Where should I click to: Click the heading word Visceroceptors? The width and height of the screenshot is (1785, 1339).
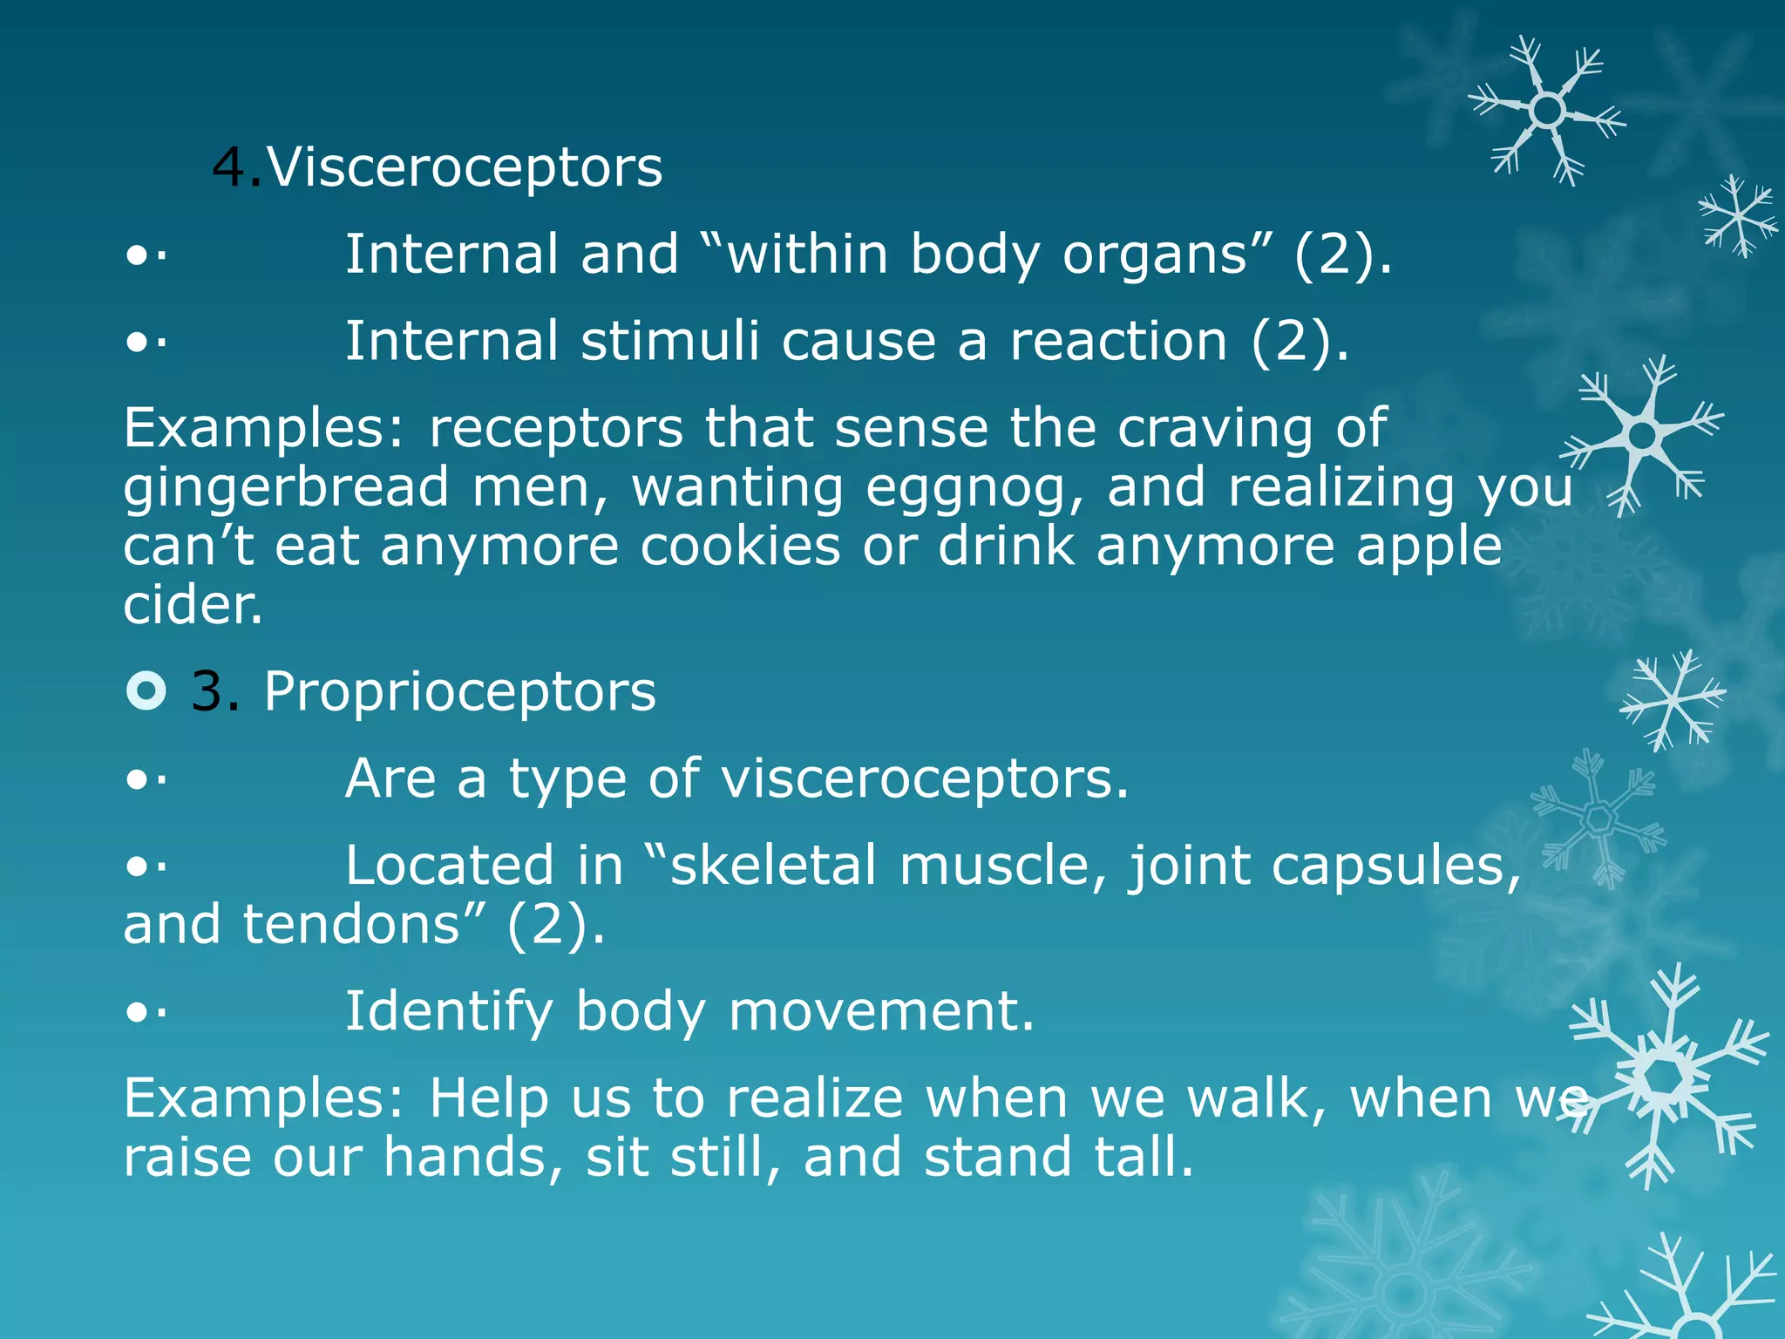coord(465,167)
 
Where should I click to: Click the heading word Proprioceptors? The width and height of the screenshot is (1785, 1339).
coord(459,692)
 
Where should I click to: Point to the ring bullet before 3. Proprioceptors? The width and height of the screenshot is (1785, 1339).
coord(146,691)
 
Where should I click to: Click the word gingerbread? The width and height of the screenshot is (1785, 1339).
coord(286,488)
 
